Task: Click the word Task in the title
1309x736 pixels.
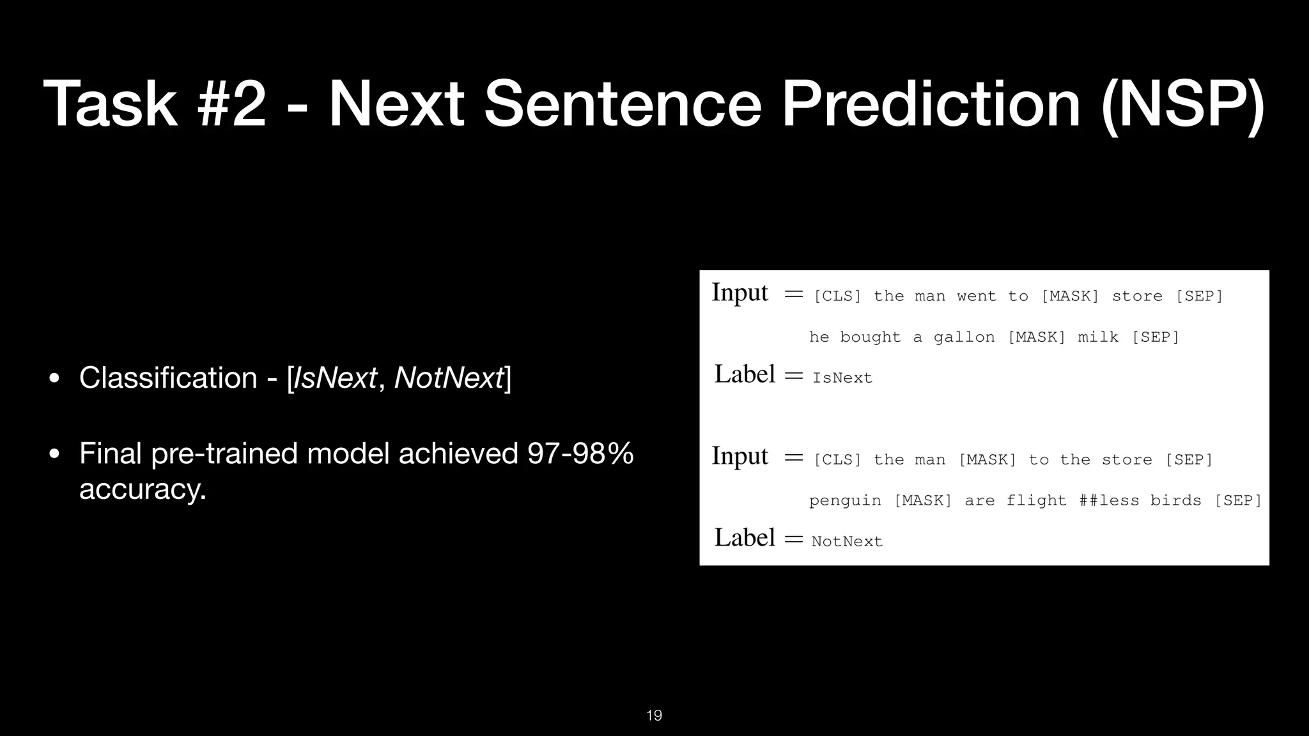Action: pyautogui.click(x=109, y=104)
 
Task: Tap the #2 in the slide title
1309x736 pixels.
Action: pyautogui.click(x=231, y=104)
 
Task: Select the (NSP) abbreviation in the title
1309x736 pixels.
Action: pyautogui.click(x=1183, y=104)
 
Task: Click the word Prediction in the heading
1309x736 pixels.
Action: pyautogui.click(x=931, y=104)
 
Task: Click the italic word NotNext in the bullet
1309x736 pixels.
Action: pyautogui.click(x=449, y=378)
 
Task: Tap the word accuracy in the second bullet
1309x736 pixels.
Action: pyautogui.click(x=143, y=489)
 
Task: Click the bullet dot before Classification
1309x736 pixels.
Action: pyautogui.click(x=54, y=378)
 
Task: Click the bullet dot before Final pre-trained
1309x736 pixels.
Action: pyautogui.click(x=54, y=454)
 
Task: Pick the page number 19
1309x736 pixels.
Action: pyautogui.click(x=654, y=716)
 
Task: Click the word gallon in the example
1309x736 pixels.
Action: pyautogui.click(x=964, y=337)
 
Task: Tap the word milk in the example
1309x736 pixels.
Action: pyautogui.click(x=1098, y=337)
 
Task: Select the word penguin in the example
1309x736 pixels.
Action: pyautogui.click(x=845, y=501)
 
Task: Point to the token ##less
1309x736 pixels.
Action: pyautogui.click(x=1109, y=501)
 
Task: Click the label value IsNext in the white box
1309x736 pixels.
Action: pyautogui.click(x=842, y=378)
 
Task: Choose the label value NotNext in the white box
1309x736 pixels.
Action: pyautogui.click(x=847, y=542)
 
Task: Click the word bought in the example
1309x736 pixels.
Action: pyautogui.click(x=871, y=337)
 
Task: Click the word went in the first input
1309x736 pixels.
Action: pyautogui.click(x=977, y=296)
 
